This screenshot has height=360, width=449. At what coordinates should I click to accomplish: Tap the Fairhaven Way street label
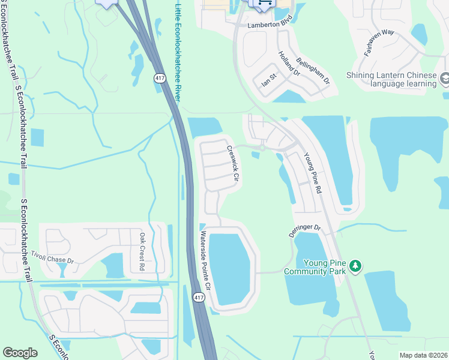point(379,41)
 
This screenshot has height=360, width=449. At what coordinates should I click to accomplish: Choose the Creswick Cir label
point(233,163)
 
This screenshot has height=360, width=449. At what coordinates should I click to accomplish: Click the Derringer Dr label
point(305,231)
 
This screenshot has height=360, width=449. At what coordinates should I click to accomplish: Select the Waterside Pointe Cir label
point(205,260)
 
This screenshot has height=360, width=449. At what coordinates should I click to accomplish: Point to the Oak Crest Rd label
point(142,250)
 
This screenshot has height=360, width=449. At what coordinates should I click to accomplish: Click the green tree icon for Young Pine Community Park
point(355,265)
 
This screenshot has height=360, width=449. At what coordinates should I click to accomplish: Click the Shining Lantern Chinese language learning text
point(391,79)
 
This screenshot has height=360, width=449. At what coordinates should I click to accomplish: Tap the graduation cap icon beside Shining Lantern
point(445,79)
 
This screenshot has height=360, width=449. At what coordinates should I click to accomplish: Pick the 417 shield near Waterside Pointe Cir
point(199,297)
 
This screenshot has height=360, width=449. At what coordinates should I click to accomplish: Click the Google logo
point(20,353)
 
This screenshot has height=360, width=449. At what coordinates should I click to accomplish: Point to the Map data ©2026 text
point(423,355)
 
